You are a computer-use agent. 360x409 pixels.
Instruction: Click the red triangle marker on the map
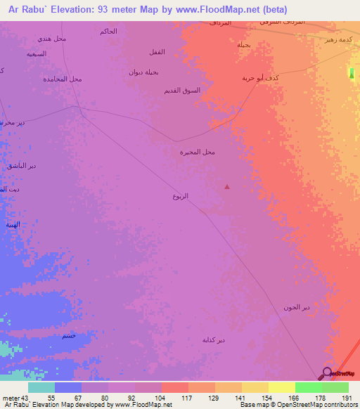coord(226,186)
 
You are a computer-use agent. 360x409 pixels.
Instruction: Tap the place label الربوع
coord(181,196)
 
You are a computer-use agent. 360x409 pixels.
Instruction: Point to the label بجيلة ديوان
coord(145,72)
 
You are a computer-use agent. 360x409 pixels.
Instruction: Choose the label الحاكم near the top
coord(109,32)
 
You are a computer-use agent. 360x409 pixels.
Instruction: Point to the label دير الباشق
coord(22,165)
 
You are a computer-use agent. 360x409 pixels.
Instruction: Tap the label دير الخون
coord(296,307)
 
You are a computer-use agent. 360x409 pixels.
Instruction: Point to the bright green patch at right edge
coord(352,74)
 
